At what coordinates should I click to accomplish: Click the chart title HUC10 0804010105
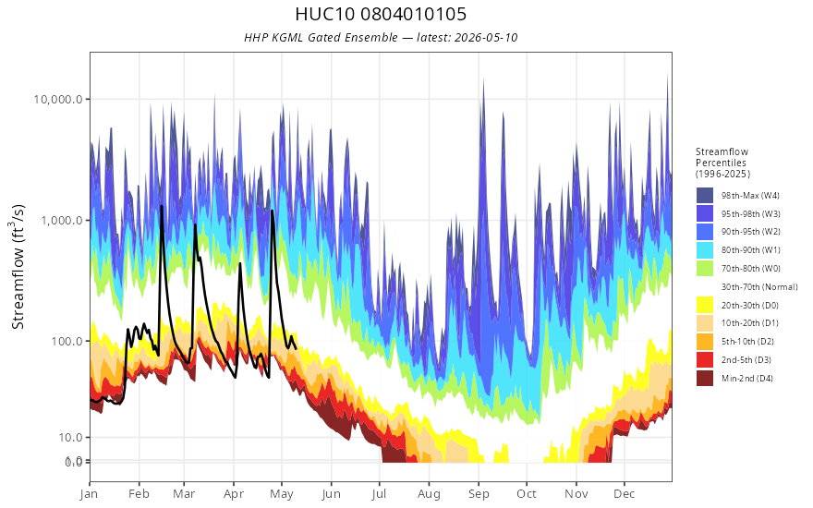[x=381, y=14]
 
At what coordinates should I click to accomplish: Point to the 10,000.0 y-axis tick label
[x=58, y=99]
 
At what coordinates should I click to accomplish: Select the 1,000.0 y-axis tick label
[x=62, y=221]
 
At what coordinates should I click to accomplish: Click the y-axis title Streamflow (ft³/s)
[x=18, y=266]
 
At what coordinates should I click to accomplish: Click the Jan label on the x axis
[x=90, y=494]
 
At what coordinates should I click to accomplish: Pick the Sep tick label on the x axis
[x=479, y=494]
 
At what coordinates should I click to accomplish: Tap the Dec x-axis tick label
[x=625, y=494]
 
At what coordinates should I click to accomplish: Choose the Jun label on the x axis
[x=331, y=494]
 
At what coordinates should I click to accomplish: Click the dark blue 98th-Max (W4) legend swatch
[x=705, y=196]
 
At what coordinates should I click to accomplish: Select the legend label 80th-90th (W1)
[x=751, y=250]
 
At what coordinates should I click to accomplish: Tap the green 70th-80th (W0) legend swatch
[x=705, y=269]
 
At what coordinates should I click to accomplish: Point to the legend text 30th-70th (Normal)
[x=759, y=286]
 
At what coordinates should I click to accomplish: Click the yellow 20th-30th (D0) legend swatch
[x=705, y=305]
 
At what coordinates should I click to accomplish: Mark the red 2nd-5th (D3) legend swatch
[x=705, y=359]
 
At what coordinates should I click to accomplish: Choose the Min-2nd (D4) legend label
[x=747, y=379]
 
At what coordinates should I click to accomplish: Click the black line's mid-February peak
[x=162, y=206]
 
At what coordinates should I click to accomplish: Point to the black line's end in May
[x=296, y=348]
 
